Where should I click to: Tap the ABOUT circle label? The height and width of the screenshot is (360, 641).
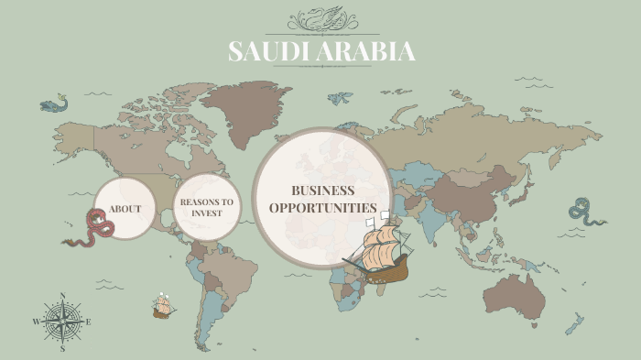125,209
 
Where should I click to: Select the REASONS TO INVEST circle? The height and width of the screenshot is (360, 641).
206,207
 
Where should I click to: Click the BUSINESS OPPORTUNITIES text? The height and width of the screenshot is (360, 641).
322,199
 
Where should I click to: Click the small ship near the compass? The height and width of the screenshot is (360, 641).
164,305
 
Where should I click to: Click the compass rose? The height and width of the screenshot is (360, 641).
62,322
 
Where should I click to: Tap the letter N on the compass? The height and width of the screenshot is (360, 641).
62,295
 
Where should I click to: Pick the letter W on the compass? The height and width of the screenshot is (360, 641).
37,322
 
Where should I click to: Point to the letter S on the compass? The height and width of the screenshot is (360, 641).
62,349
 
